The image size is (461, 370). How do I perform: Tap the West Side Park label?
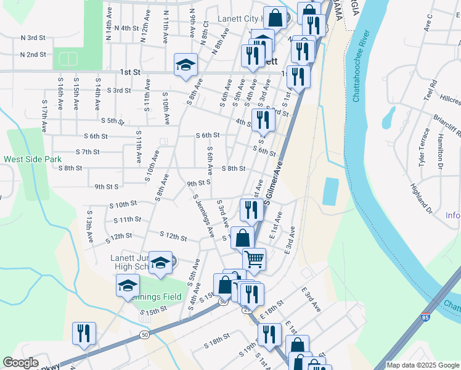33,159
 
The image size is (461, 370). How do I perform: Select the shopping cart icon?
254,259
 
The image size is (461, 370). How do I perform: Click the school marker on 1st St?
185,65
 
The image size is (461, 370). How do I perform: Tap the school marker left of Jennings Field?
128,286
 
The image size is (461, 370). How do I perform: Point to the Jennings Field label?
157,297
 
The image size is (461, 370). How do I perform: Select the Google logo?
21,363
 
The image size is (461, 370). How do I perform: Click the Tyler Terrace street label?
423,147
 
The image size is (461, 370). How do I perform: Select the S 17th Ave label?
44,117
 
